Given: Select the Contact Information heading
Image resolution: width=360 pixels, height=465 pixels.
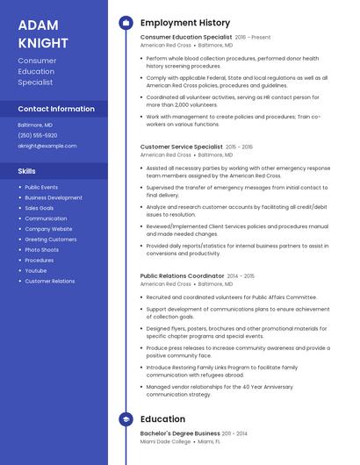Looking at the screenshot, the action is pyautogui.click(x=56, y=109).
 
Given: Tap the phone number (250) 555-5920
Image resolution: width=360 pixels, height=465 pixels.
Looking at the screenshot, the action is pyautogui.click(x=38, y=135).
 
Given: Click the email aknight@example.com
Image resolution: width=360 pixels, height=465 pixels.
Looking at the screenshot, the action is pyautogui.click(x=47, y=146).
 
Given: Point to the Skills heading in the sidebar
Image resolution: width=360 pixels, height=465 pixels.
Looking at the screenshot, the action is pyautogui.click(x=27, y=171).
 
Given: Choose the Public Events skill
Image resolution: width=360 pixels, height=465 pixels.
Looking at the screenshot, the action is pyautogui.click(x=41, y=187).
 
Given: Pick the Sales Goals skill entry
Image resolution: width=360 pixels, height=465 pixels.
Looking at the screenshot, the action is pyautogui.click(x=40, y=208).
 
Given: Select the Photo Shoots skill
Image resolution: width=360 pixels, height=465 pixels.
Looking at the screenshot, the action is pyautogui.click(x=41, y=250).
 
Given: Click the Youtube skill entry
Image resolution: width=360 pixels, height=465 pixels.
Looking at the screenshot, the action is pyautogui.click(x=36, y=270).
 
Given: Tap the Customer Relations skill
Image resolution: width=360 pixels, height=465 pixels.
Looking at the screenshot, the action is pyautogui.click(x=50, y=281).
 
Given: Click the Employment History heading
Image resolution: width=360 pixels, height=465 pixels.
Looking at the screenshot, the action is pyautogui.click(x=184, y=23).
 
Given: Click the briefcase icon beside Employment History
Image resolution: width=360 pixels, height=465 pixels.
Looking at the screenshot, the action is pyautogui.click(x=126, y=23).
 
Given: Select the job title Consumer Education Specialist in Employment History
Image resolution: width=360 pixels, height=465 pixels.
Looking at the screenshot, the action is pyautogui.click(x=185, y=38).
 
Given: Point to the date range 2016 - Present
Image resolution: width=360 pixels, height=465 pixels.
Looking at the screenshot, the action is pyautogui.click(x=253, y=38).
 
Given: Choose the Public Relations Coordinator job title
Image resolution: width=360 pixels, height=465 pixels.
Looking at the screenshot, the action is pyautogui.click(x=182, y=275).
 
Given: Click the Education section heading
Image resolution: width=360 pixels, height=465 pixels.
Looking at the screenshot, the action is pyautogui.click(x=162, y=419).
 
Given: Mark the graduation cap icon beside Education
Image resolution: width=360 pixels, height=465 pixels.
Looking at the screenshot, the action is pyautogui.click(x=126, y=419).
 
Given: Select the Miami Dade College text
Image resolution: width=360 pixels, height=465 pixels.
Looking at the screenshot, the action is pyautogui.click(x=165, y=442).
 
